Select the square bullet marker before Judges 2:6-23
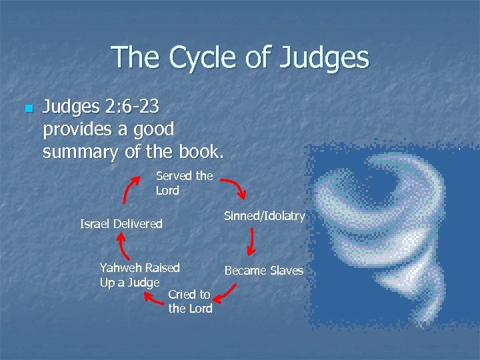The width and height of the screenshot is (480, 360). [x=27, y=109]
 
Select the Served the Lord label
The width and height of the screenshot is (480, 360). [x=184, y=183]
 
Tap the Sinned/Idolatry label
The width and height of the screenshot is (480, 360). [x=265, y=216]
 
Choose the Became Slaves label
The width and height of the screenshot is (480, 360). [x=264, y=271]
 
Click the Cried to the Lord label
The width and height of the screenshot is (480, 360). [x=190, y=301]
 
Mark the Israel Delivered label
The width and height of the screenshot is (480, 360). [x=121, y=224]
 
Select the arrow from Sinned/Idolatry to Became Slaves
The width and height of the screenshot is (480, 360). [x=251, y=242]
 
